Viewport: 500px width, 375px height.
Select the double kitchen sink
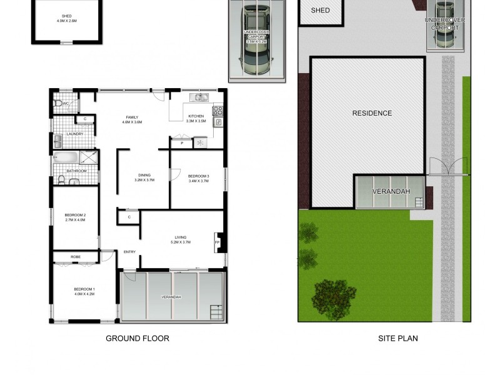201,97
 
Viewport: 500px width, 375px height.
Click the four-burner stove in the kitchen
218,111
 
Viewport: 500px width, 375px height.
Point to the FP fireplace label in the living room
217,242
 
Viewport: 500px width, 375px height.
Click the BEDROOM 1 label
84,289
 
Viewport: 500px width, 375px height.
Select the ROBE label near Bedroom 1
75,257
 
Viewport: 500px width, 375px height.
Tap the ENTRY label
129,252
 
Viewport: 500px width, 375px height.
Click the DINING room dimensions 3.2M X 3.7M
144,180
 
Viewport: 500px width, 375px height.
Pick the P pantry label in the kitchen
181,143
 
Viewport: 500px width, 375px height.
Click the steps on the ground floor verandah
216,311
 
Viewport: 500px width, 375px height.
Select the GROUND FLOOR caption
137,339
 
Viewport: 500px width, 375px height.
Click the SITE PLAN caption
397,339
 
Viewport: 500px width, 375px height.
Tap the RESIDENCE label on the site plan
372,113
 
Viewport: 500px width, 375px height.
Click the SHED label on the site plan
320,11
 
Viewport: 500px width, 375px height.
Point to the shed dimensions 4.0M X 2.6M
66,21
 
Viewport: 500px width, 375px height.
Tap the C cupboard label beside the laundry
84,119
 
